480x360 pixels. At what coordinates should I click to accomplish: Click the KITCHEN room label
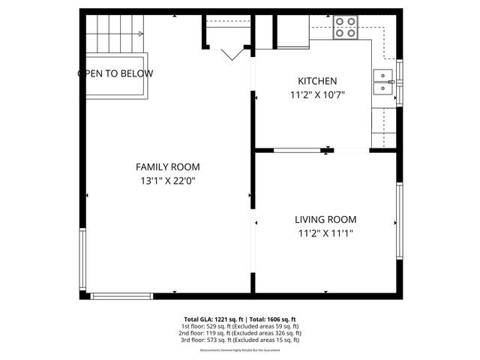317,81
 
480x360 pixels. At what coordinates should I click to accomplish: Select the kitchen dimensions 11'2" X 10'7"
317,94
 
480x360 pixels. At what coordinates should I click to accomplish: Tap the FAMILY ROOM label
167,166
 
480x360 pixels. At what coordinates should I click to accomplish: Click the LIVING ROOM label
325,220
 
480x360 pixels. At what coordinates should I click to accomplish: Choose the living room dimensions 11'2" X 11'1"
325,233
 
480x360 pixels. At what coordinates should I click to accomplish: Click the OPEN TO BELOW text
115,73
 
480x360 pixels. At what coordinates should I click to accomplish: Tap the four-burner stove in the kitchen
345,28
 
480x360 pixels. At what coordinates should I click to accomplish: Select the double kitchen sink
384,82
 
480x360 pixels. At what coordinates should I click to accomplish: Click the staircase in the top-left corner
112,34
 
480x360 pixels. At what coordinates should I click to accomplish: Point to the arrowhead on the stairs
140,33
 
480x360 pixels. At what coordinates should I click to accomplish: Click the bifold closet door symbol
230,52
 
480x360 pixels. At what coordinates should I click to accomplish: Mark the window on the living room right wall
400,221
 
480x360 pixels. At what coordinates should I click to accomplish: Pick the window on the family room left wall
82,255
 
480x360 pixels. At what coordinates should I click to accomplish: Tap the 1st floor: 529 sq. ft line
240,326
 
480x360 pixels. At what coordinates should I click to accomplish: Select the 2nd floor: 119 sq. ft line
240,333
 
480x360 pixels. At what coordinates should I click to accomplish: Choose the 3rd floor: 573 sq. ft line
240,340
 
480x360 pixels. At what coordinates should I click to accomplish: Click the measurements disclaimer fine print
240,350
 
